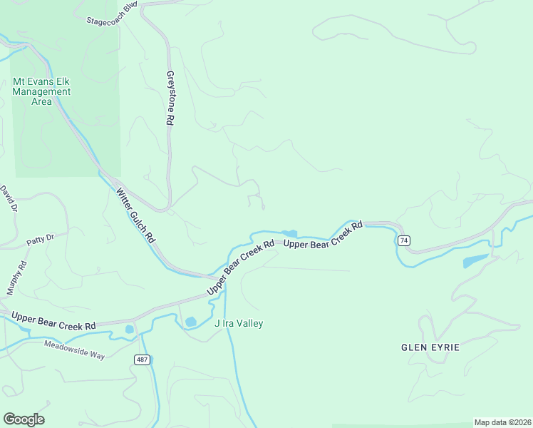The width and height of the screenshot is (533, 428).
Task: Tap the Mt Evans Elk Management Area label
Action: (42, 91)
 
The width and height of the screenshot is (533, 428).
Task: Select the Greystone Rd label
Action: (170, 98)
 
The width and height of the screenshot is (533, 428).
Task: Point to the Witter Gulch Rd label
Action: (136, 216)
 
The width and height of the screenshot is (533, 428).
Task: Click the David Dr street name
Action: (9, 200)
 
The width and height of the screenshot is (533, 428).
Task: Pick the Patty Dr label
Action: (41, 239)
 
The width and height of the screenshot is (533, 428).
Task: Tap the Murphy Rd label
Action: (17, 277)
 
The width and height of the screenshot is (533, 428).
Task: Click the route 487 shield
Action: (143, 360)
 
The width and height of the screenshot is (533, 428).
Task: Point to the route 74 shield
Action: (404, 240)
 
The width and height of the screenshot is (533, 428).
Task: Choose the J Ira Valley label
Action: (239, 324)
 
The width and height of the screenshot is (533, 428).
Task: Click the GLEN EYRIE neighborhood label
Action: (430, 347)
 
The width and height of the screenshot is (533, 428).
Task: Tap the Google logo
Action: (24, 419)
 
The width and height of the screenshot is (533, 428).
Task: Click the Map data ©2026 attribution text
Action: (502, 422)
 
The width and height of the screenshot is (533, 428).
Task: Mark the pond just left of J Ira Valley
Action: (190, 322)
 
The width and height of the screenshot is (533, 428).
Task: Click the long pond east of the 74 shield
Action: (475, 260)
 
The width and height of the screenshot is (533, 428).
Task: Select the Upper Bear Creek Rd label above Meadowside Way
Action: (53, 320)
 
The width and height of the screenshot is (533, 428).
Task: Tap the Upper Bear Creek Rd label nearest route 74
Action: (324, 235)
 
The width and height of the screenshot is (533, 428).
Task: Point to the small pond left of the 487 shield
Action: (129, 330)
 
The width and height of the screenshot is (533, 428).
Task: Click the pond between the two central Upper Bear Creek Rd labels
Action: (289, 233)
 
